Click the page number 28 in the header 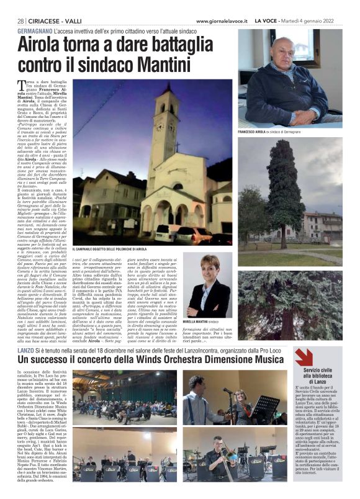pos(20,20)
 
